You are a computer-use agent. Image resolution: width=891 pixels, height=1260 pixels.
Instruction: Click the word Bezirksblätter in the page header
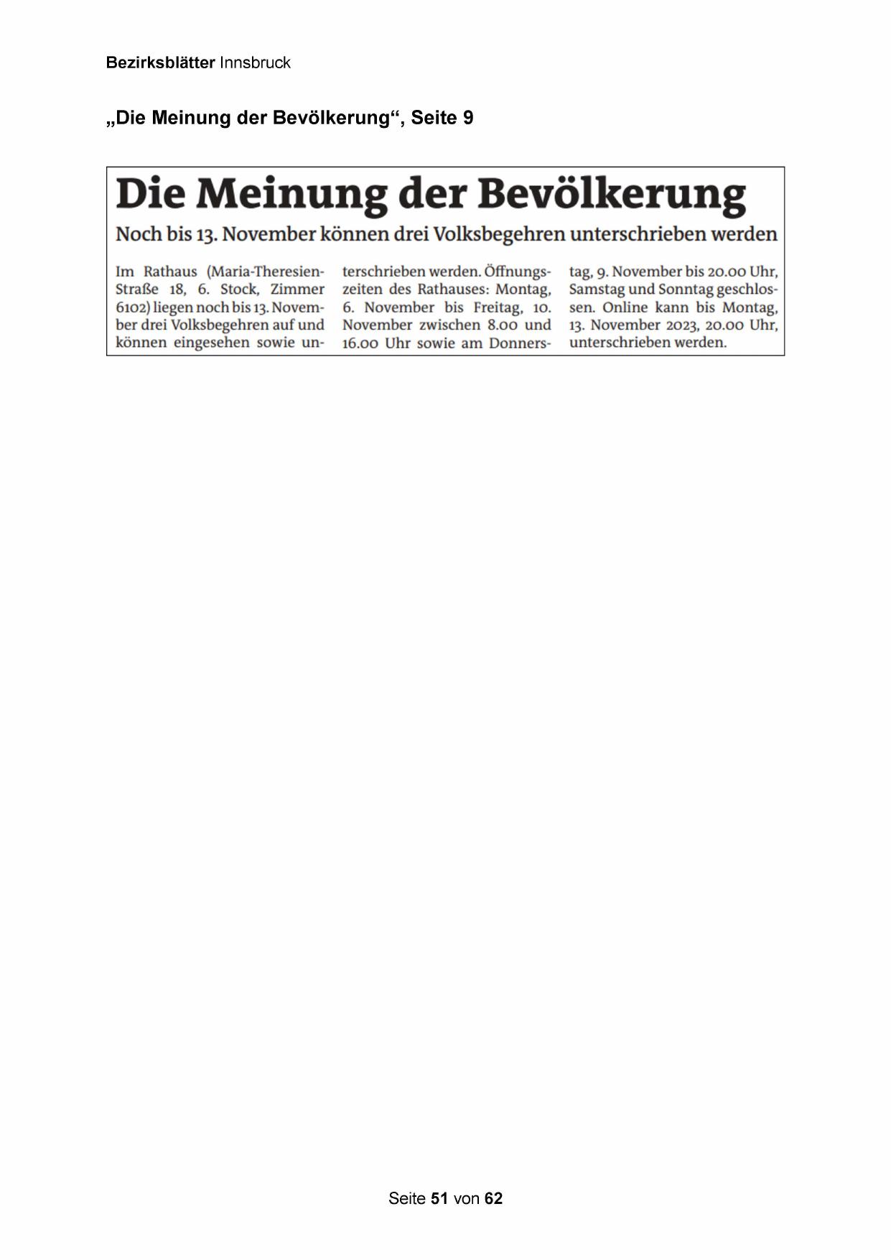point(160,62)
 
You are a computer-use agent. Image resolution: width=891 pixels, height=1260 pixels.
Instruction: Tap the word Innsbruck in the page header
point(255,62)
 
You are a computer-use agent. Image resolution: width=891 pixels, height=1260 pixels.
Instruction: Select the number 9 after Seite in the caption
point(468,118)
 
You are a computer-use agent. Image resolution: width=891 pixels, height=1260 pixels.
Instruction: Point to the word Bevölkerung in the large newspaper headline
point(612,194)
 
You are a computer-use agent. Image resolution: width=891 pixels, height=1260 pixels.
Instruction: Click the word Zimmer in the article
point(297,289)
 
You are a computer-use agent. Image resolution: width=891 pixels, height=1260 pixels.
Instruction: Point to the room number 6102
point(131,307)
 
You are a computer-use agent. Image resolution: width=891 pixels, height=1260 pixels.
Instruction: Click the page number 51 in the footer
point(439,1198)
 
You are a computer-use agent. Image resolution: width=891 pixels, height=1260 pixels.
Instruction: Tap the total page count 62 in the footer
point(493,1198)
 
